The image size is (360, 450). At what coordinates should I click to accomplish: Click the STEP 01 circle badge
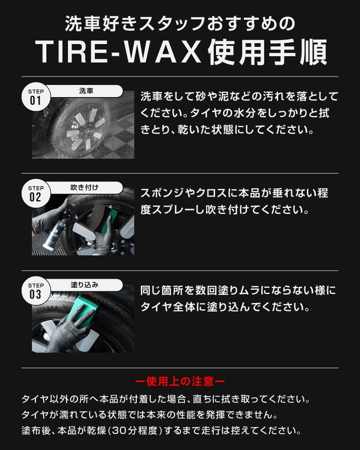pyautogui.click(x=36, y=97)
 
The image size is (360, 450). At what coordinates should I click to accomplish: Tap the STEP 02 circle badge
pyautogui.click(x=36, y=194)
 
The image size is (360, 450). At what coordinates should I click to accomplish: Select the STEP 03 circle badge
pyautogui.click(x=36, y=291)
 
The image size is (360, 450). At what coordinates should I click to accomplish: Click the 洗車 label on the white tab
pyautogui.click(x=86, y=91)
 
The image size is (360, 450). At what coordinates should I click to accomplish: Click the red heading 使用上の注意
pyautogui.click(x=180, y=381)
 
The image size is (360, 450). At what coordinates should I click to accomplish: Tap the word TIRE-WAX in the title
pyautogui.click(x=118, y=52)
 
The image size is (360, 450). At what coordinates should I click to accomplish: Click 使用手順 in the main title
pyautogui.click(x=267, y=52)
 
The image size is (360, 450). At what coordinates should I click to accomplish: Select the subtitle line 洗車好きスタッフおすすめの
pyautogui.click(x=180, y=23)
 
